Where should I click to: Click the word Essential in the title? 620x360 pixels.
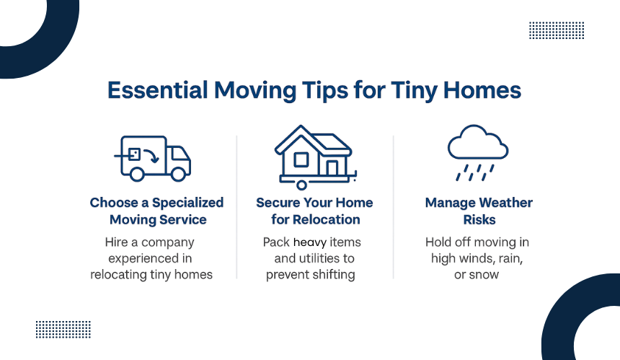point(158,90)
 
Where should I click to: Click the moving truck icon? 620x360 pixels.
point(152,158)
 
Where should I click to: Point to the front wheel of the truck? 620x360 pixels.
point(178,174)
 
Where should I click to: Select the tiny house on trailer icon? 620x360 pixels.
point(316,157)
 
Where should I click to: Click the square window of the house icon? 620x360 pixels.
point(301,159)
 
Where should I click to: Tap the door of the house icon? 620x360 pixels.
point(332,168)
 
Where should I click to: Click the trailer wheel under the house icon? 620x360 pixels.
point(301,185)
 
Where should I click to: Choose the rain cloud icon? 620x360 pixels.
point(478,153)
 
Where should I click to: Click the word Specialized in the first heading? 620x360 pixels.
point(188,203)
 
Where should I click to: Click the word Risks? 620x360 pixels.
point(479,219)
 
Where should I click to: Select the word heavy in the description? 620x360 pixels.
point(310,242)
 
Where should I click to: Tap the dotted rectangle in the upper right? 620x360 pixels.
point(557,30)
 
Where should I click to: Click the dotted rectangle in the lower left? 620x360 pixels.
point(63,330)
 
